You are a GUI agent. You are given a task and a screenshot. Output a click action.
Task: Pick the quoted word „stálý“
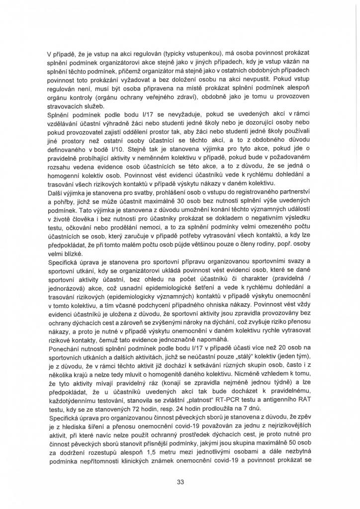242,369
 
